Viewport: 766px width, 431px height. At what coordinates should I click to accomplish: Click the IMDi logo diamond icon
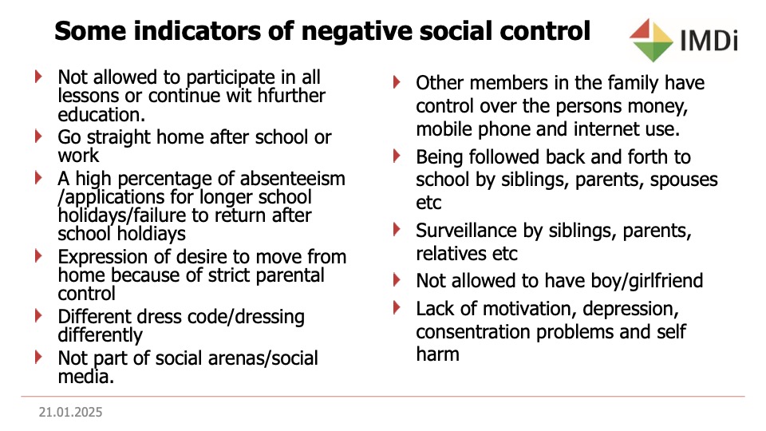pos(651,40)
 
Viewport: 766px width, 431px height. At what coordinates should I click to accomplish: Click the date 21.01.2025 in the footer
pos(71,413)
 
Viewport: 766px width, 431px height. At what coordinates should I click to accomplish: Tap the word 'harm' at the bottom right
pos(438,354)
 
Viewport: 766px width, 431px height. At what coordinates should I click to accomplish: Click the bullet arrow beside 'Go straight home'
pos(38,136)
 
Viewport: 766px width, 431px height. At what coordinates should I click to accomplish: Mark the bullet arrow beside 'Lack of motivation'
pos(397,308)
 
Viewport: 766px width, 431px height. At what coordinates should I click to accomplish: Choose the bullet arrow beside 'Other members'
pos(397,81)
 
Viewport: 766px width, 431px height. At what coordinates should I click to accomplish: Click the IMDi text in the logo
pos(709,41)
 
